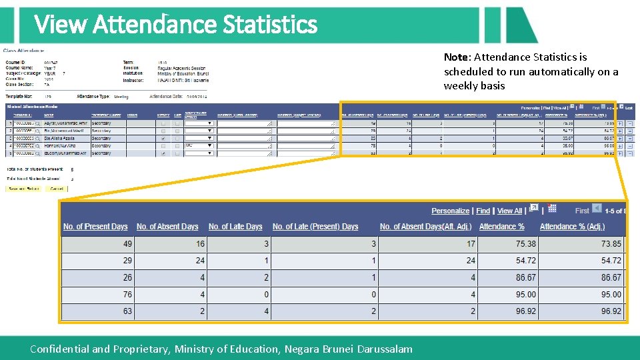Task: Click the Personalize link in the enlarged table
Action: (450, 211)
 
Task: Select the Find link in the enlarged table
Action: (483, 211)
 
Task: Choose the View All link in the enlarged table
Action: (510, 211)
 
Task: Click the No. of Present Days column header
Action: (95, 227)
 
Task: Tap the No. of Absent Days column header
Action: (167, 227)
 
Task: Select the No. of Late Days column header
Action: (235, 227)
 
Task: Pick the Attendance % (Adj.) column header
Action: (572, 227)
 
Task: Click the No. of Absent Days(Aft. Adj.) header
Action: (425, 227)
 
